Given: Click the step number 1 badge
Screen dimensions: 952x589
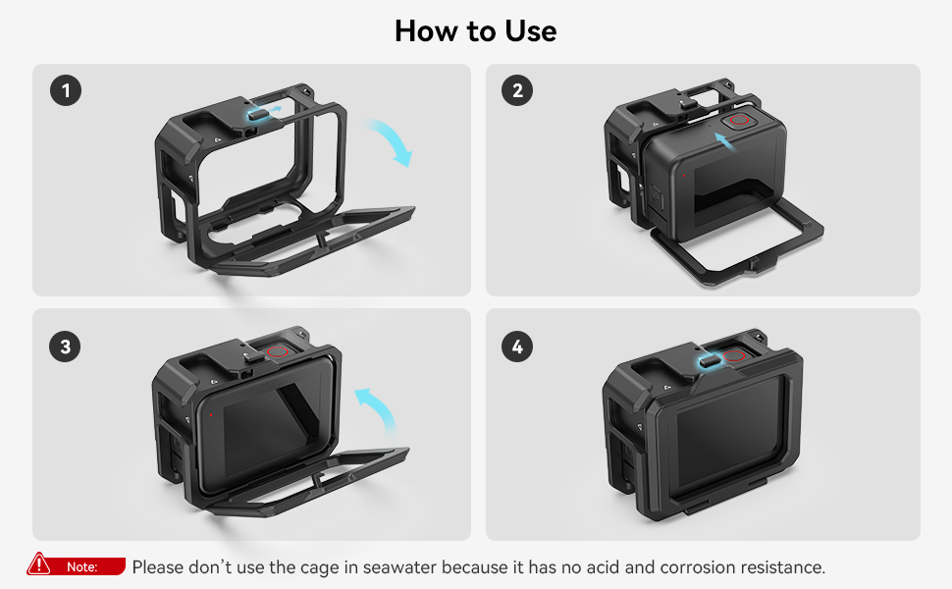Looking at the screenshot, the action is [x=66, y=90].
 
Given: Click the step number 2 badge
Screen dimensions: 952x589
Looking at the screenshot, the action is [x=517, y=90].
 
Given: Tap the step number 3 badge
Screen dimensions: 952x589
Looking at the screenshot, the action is [x=65, y=347].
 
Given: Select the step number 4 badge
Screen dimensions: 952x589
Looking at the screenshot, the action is [x=517, y=347].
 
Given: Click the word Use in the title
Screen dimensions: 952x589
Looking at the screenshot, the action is [x=531, y=31].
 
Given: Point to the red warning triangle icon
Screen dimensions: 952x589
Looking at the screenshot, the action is [x=38, y=563].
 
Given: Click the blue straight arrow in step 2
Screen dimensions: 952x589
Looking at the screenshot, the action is [x=725, y=142].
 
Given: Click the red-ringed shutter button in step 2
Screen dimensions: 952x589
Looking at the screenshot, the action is [x=739, y=120].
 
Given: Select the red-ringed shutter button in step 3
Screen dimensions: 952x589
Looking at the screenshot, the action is [x=277, y=351].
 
